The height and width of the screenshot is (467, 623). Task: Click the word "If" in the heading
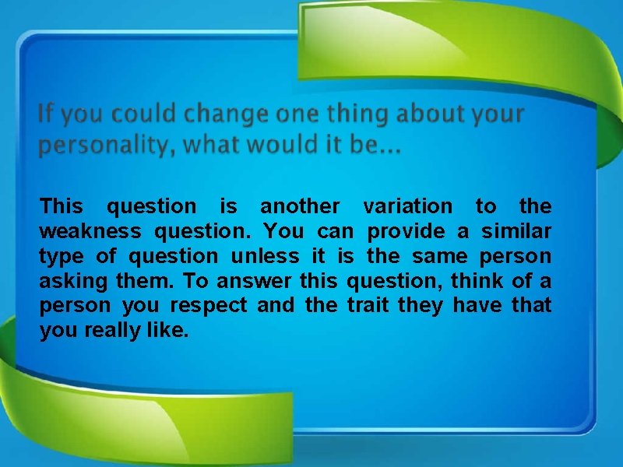46,115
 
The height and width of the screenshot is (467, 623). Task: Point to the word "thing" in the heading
357,115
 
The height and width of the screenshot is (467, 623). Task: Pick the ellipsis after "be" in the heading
389,148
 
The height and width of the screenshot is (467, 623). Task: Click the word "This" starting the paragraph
61,206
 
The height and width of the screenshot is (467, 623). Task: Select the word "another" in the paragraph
299,206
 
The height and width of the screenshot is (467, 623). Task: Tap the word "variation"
407,206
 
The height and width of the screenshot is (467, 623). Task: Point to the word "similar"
516,231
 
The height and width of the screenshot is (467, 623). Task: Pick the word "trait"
368,306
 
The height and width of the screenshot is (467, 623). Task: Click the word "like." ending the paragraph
167,331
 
